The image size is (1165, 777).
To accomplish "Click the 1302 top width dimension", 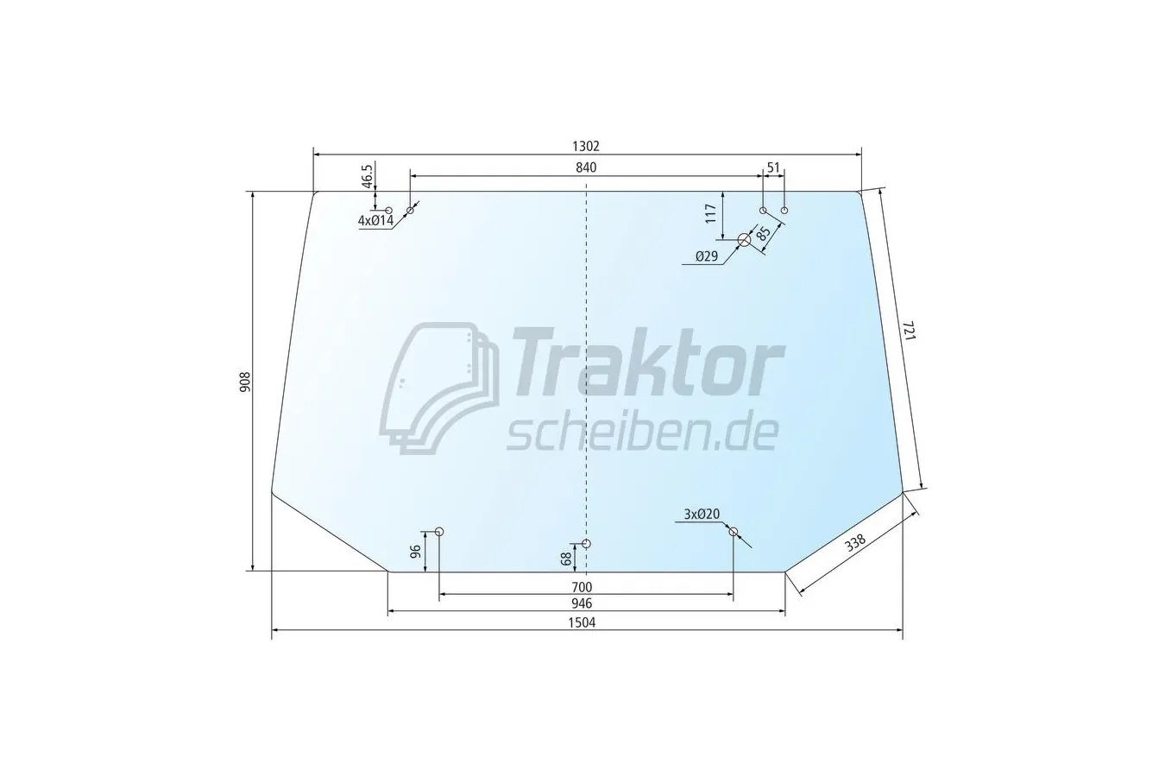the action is [x=586, y=146].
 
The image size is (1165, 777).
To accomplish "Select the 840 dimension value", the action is [x=586, y=167].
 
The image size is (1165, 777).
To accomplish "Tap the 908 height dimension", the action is [x=245, y=382].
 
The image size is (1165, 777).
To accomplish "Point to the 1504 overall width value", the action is [x=582, y=622].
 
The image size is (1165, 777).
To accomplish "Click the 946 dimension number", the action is [x=582, y=603].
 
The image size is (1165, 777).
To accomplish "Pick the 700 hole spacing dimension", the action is [x=582, y=587].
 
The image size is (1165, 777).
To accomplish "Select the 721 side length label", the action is [x=909, y=331].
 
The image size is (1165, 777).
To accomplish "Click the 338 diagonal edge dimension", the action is [x=854, y=543].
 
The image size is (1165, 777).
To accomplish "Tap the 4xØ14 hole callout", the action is [x=375, y=220].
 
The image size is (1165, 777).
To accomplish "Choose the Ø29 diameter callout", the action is [x=706, y=256].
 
